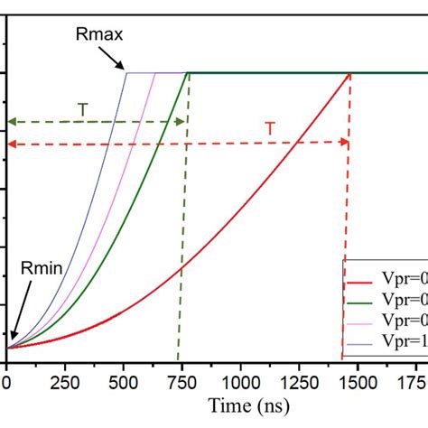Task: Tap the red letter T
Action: point(269,129)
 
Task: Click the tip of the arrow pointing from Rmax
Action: point(125,70)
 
